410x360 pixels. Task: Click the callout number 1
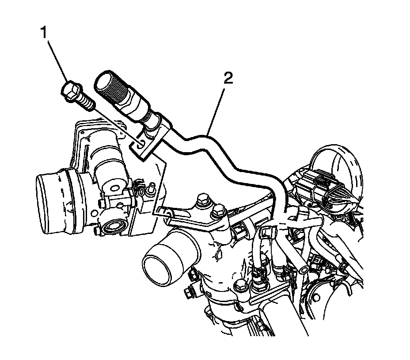[44, 32]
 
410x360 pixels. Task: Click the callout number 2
[228, 78]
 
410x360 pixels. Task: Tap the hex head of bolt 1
[70, 90]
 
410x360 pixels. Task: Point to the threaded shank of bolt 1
[86, 102]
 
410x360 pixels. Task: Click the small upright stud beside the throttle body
[151, 189]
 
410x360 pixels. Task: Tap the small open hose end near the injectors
[304, 270]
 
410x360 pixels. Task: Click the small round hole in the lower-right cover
[316, 298]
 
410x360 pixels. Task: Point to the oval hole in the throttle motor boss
[114, 188]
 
